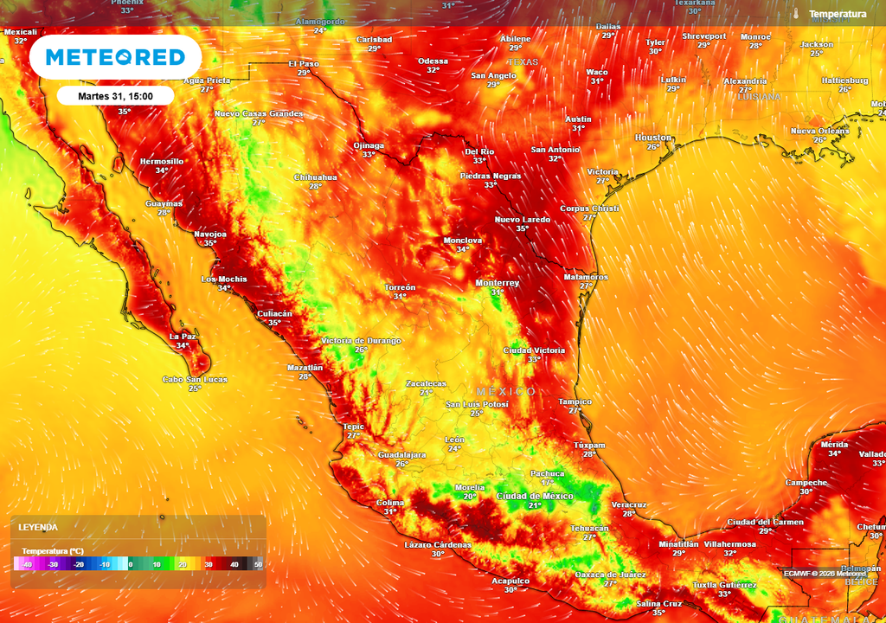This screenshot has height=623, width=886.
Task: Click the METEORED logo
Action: (115, 57)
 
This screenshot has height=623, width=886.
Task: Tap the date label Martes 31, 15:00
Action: (116, 96)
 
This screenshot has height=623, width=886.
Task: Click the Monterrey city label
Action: (498, 283)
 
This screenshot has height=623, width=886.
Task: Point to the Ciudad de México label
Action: (536, 496)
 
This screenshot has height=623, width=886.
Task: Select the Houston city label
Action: (653, 138)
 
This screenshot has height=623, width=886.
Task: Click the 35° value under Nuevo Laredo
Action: (522, 228)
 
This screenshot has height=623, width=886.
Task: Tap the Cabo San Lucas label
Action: (195, 379)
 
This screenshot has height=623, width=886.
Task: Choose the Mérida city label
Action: (835, 444)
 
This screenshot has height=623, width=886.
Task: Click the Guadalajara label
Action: (402, 454)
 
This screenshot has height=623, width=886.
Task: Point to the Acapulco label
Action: (510, 581)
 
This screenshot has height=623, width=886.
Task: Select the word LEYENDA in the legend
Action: (38, 527)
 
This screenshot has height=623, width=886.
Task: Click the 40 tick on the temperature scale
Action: (234, 564)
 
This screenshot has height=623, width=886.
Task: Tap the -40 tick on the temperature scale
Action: (28, 564)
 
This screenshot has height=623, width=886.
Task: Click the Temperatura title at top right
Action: (837, 14)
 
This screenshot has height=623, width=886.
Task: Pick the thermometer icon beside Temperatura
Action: (795, 14)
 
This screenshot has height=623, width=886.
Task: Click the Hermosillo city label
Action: (162, 161)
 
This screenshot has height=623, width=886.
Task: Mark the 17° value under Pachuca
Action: (547, 482)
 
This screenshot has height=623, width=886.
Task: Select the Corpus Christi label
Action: (590, 209)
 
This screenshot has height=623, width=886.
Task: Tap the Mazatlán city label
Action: (305, 368)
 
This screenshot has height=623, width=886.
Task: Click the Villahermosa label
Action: (729, 544)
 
